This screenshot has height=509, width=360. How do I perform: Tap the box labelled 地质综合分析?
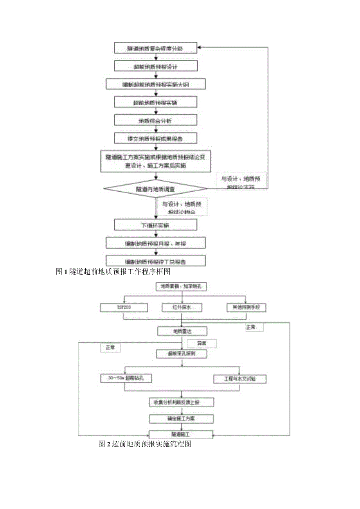tap(156, 121)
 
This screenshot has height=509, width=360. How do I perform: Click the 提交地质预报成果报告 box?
tap(156, 138)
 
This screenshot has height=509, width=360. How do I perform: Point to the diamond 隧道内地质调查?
tap(156, 189)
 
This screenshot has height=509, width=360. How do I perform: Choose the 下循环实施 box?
tap(156, 225)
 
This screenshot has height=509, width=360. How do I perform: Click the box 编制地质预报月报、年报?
tap(156, 243)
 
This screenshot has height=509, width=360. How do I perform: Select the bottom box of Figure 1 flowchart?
tap(156, 261)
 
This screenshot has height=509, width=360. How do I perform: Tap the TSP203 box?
tap(124, 308)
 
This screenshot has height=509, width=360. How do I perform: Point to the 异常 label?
tap(202, 344)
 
